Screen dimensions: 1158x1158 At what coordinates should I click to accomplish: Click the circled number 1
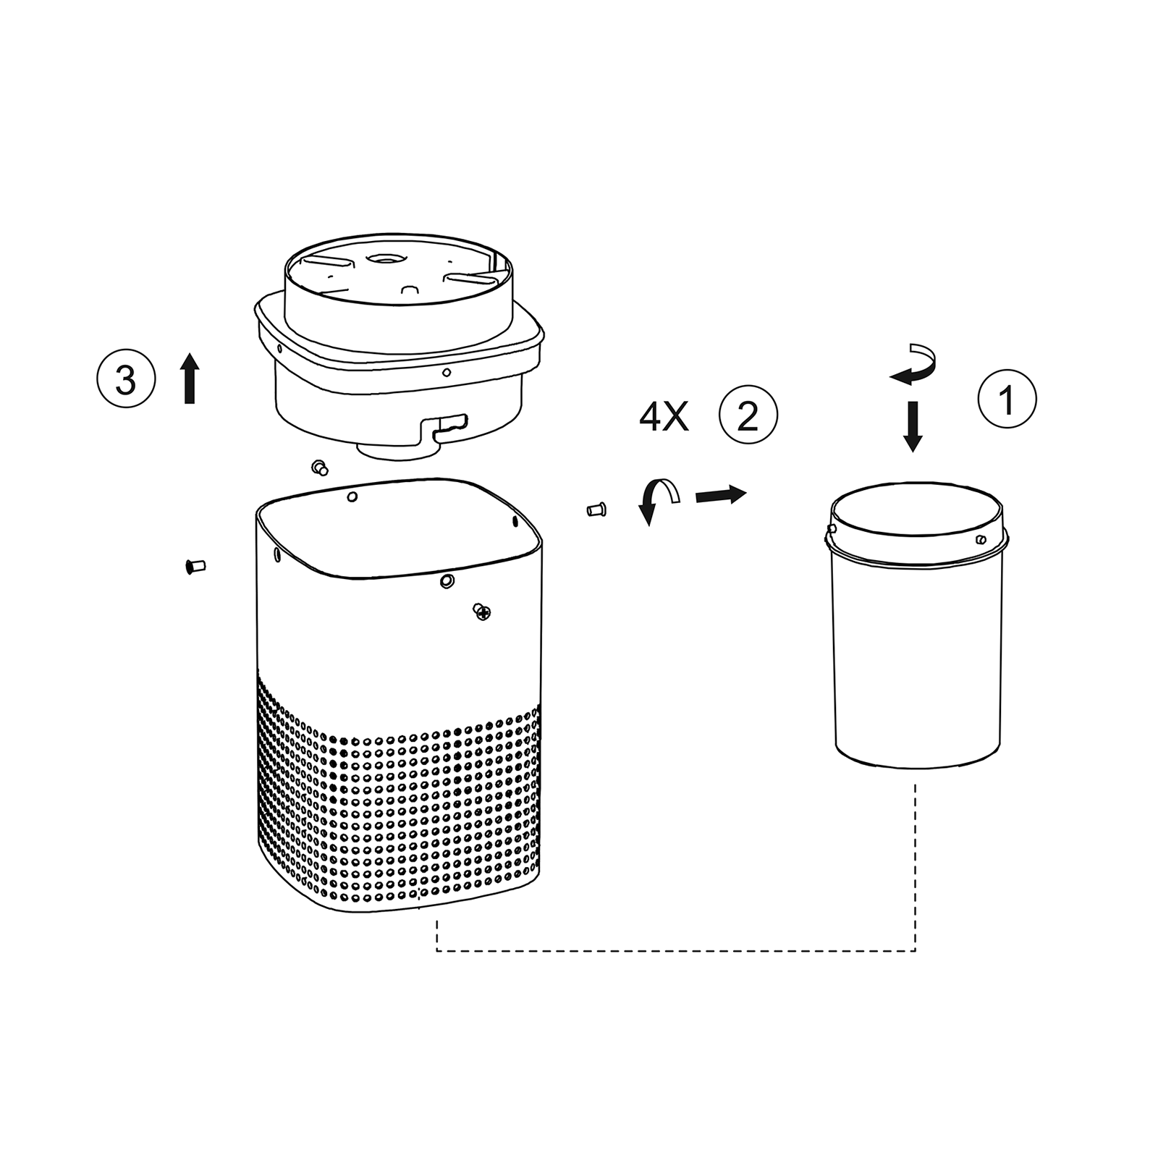coord(1007,399)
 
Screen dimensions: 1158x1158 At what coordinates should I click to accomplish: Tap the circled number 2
coord(748,415)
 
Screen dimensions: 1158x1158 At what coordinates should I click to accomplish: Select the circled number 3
coord(126,378)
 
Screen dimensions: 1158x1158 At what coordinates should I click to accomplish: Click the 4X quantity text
coord(664,417)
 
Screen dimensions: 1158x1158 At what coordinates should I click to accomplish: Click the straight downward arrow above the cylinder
coord(913,426)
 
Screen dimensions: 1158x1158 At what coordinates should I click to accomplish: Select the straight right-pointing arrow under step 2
coord(721,495)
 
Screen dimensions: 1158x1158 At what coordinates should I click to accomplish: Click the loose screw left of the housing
coord(195,566)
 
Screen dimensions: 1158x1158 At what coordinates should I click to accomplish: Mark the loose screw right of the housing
coord(596,510)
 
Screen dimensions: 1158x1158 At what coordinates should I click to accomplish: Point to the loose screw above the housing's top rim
coord(319,468)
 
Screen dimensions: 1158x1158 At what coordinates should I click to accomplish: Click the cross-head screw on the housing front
coord(481,612)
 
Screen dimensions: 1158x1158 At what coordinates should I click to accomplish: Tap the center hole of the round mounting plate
coord(385,257)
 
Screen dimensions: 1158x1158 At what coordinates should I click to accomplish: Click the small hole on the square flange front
coord(447,372)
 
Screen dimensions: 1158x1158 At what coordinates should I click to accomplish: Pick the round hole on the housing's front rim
coord(447,580)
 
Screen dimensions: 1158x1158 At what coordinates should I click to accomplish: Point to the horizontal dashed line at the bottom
coord(676,950)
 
